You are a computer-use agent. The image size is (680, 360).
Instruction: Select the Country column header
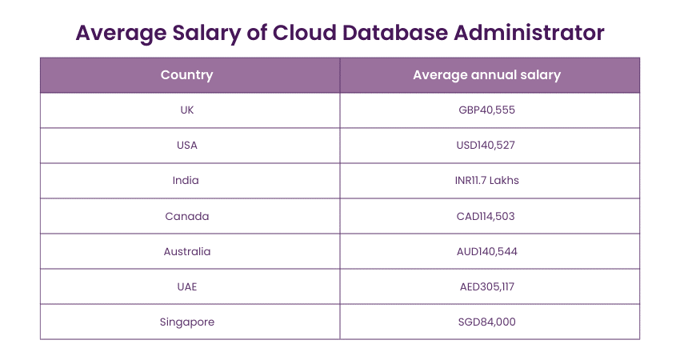tap(186, 75)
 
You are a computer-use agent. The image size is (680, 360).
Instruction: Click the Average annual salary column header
tap(486, 75)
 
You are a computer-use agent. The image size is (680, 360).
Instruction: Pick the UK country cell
tap(186, 110)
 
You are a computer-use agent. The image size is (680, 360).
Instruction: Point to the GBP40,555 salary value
tap(486, 110)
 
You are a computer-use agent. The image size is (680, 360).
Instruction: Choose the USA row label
tap(186, 146)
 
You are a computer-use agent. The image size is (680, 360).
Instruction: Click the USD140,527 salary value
tap(486, 146)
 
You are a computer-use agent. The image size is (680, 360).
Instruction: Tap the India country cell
tap(186, 181)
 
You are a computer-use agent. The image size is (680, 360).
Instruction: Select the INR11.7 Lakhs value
tap(486, 181)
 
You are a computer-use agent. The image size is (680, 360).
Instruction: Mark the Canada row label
tap(186, 216)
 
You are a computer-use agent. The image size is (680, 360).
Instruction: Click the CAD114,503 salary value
tap(486, 216)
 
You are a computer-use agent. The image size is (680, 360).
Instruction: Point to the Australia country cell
tap(186, 251)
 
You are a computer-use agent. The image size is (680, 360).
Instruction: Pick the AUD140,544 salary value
tap(486, 251)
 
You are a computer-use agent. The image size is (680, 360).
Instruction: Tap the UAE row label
tap(186, 286)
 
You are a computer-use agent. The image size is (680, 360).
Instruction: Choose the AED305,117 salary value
tap(486, 286)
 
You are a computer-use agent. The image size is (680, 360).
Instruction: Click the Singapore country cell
tap(186, 322)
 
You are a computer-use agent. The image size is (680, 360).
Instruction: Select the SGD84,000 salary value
tap(486, 322)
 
